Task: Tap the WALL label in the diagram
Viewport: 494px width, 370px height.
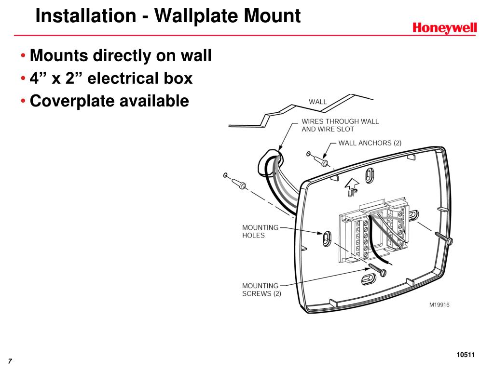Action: coord(317,102)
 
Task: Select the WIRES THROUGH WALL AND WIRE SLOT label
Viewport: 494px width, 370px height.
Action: coord(340,125)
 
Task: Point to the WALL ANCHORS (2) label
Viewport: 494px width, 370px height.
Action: coord(370,143)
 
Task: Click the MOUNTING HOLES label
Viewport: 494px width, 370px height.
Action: coord(260,231)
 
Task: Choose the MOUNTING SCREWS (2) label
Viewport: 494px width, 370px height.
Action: coord(261,290)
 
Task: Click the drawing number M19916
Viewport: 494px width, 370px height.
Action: coord(439,304)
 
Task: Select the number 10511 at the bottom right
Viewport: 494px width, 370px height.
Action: coord(466,355)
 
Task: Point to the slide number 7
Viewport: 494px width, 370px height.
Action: coord(9,362)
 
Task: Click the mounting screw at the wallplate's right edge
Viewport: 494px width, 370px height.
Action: coord(444,238)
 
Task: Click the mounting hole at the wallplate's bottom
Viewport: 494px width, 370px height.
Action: coord(369,280)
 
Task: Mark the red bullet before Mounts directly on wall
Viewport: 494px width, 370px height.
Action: coord(24,56)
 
